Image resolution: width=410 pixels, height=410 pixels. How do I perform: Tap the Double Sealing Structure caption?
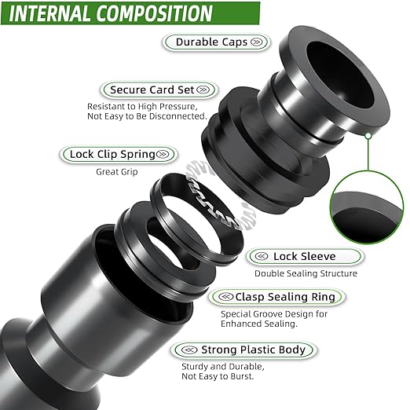tap(306, 273)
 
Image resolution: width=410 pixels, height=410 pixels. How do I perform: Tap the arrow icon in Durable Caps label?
tap(256, 42)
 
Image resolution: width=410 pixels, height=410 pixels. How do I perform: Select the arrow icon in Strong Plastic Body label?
tap(186, 350)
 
